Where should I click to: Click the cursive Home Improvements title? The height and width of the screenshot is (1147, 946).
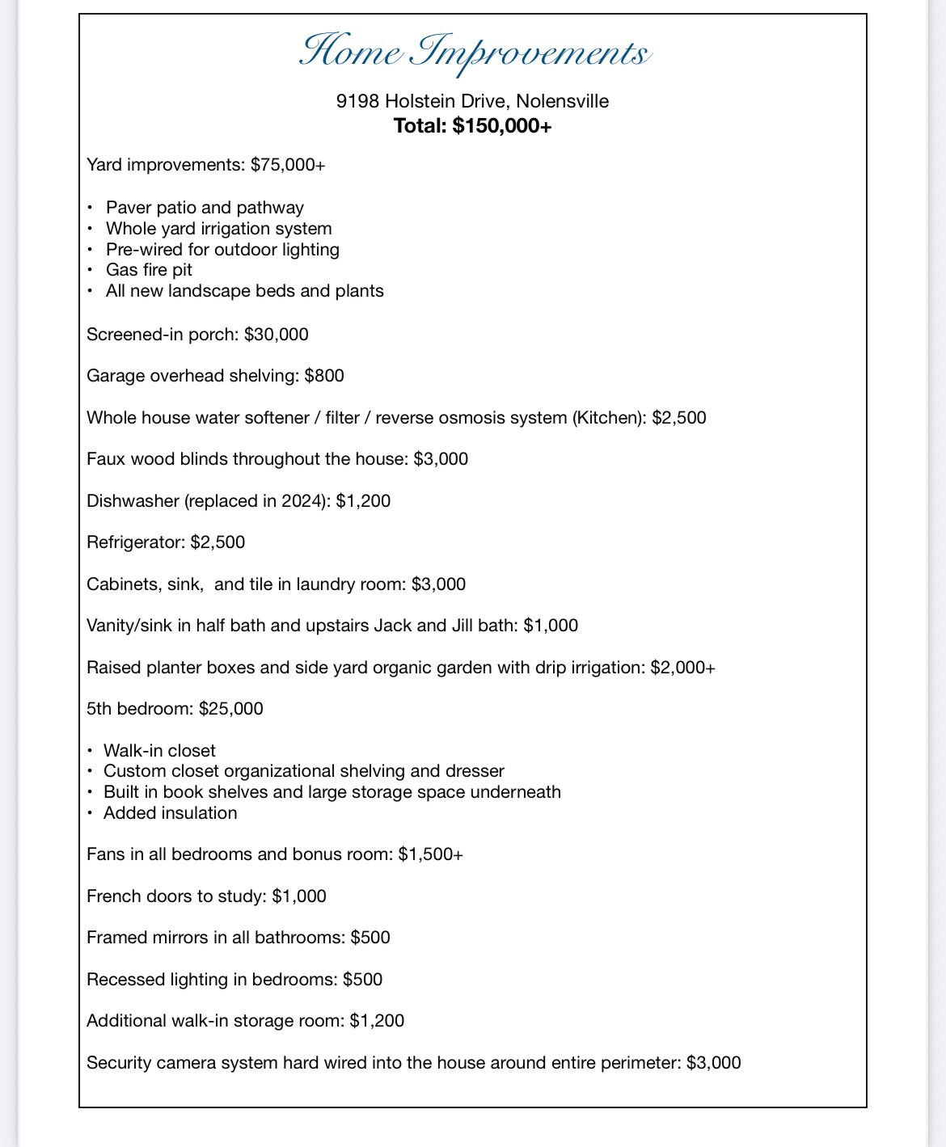474,52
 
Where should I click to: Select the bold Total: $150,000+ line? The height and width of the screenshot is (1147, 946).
472,126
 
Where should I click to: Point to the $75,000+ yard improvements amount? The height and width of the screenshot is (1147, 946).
288,165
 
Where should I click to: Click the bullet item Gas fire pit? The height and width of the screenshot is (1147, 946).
149,270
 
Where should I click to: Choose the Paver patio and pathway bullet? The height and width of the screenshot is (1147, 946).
205,208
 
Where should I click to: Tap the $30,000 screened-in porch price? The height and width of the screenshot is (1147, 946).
276,335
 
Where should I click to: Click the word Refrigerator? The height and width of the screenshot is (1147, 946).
134,542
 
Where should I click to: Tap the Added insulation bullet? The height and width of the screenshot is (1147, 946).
170,813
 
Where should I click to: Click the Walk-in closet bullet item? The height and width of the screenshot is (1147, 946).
159,751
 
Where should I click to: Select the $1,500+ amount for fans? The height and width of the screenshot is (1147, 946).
430,854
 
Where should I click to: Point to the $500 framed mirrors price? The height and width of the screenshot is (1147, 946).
370,938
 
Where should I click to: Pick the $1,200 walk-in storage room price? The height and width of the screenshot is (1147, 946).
377,1021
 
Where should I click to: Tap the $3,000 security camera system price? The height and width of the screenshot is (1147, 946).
713,1063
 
